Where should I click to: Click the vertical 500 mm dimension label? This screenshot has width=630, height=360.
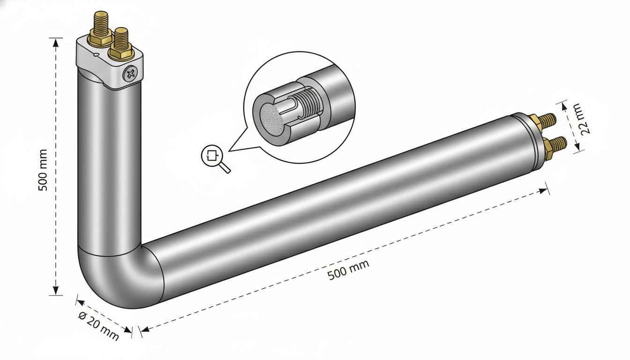coord(43,170)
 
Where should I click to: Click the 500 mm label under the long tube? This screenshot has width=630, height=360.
coord(348,270)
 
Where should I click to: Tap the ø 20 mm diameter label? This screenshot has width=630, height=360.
coord(98,326)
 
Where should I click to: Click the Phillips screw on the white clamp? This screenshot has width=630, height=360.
coord(130,74)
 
